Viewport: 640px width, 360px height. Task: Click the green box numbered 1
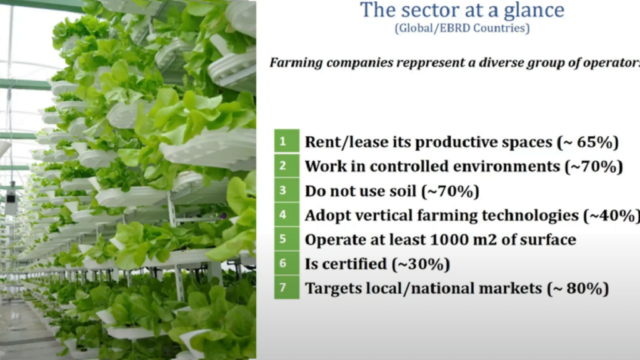click(x=286, y=141)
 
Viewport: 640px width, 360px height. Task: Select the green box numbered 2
click(x=286, y=165)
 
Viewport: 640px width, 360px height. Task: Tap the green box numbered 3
click(x=286, y=190)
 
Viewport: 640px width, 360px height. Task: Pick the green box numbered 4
click(x=286, y=214)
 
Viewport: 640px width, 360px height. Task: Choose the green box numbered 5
click(x=286, y=239)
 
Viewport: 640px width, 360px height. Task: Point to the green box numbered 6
click(x=286, y=263)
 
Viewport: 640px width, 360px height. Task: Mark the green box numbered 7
click(x=286, y=287)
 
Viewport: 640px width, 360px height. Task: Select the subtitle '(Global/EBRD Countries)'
click(x=462, y=28)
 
